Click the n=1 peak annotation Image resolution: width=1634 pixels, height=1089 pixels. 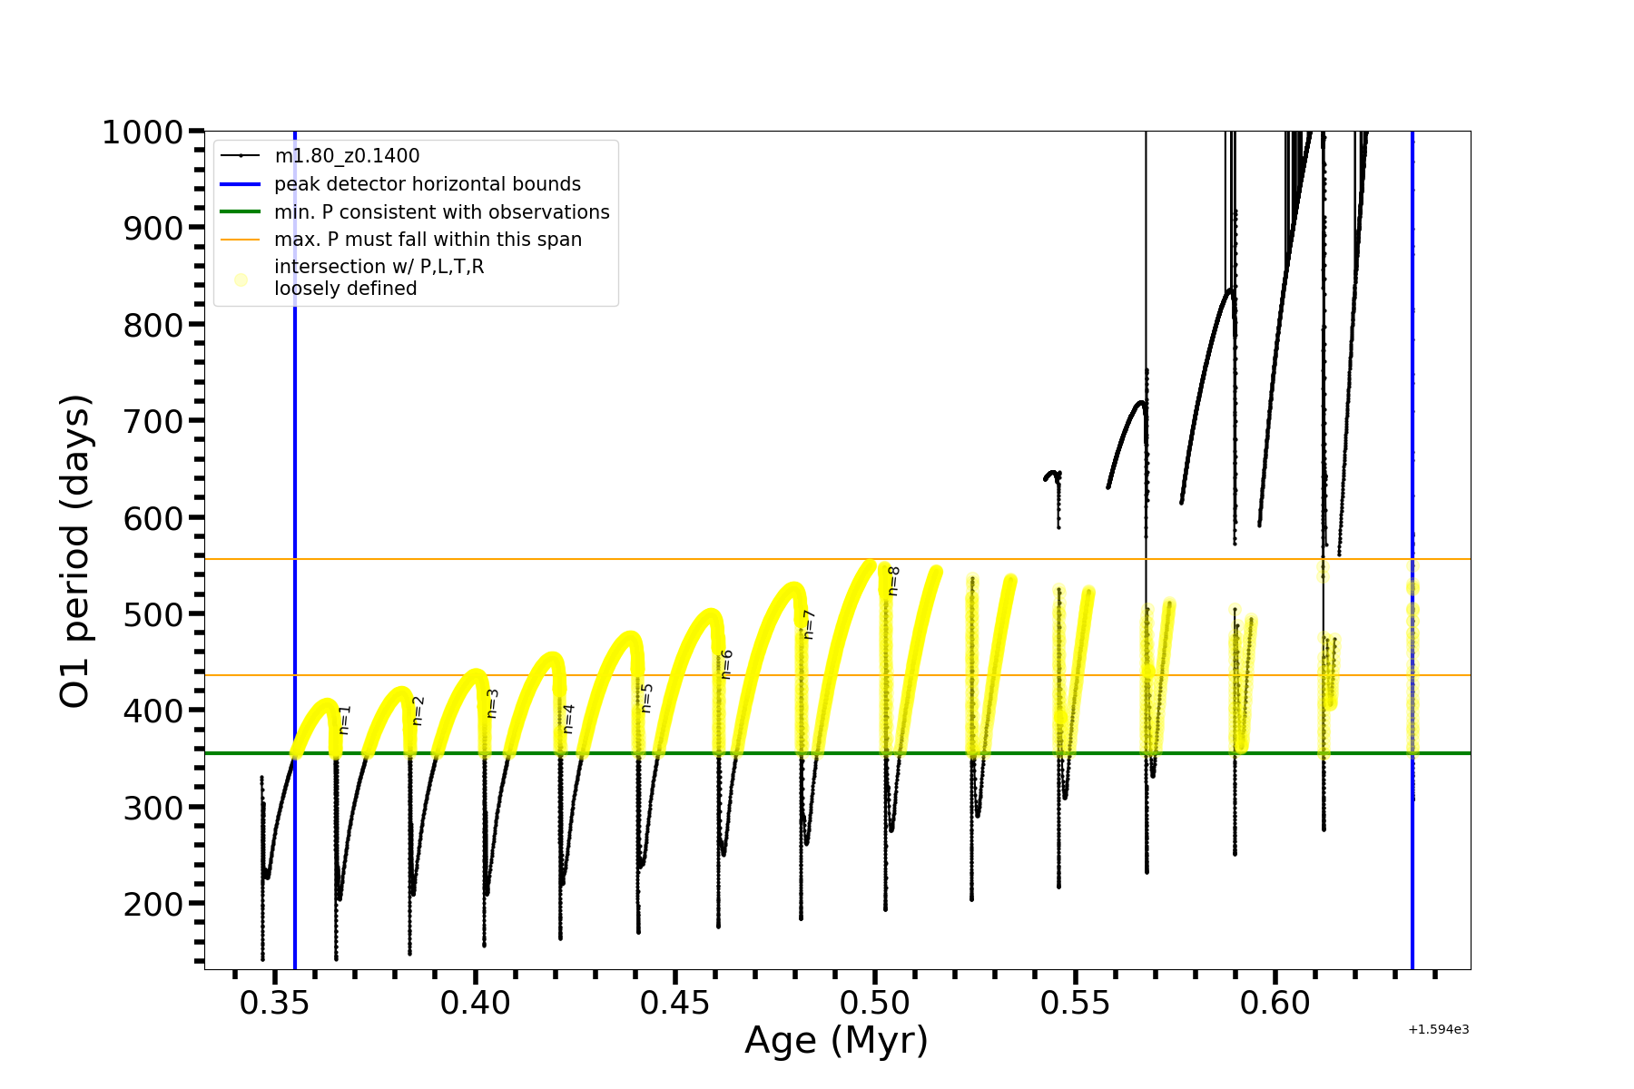coord(344,720)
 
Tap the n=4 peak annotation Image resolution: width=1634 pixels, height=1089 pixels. coord(568,719)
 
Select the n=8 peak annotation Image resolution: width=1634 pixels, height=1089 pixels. coord(893,581)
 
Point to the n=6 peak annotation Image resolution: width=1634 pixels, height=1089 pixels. coord(726,664)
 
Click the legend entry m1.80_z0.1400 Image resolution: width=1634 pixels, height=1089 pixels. coord(347,156)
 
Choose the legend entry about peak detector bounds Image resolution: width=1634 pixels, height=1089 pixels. coord(428,184)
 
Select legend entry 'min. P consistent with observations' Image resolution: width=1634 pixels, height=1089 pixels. coord(442,212)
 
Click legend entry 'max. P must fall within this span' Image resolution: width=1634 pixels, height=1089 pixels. coord(428,240)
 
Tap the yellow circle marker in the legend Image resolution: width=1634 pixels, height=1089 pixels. coord(241,280)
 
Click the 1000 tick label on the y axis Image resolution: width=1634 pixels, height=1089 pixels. coord(143,132)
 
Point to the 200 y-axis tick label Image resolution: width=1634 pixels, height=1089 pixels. coord(153,904)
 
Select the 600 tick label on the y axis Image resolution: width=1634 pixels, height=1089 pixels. coord(153,518)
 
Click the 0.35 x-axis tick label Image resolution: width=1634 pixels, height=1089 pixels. coord(275,1004)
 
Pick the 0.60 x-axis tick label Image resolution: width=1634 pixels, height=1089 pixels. coord(1275,1004)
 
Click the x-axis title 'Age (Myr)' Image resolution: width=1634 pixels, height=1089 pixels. coord(836,1040)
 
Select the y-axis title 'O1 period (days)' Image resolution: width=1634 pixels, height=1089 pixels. coord(74,551)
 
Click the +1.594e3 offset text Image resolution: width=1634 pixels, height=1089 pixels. coord(1438,1030)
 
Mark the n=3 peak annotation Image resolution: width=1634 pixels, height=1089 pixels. coord(493,703)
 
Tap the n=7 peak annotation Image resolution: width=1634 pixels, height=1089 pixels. coord(809,624)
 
